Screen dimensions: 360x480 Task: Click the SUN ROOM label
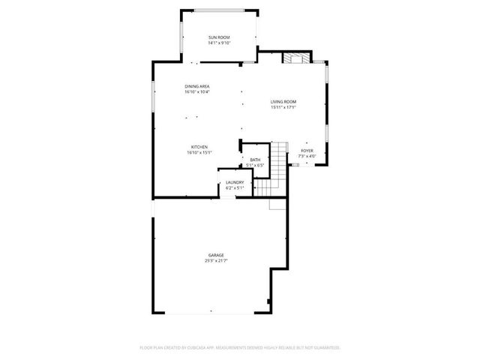coord(219,37)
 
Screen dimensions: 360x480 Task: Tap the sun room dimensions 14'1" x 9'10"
coord(219,43)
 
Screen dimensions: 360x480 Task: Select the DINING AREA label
coord(197,86)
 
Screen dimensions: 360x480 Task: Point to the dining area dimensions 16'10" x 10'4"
coord(197,92)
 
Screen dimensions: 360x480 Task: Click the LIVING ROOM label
coord(283,101)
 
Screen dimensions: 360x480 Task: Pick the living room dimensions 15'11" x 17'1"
coord(283,106)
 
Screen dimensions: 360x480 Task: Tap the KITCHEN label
coord(199,147)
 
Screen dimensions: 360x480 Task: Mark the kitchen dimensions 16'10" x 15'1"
coord(199,152)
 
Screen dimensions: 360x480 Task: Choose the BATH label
coord(255,160)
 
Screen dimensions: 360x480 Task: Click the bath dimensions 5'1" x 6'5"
coord(255,165)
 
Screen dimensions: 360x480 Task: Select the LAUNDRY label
coord(235,182)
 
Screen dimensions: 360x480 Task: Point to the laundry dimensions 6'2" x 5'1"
coord(235,187)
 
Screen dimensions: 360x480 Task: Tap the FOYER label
coord(307,150)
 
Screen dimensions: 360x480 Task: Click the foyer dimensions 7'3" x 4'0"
coord(307,155)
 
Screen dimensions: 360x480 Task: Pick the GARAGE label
coord(216,255)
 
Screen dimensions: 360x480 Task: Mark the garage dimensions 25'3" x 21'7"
coord(216,260)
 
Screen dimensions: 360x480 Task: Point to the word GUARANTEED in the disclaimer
coord(323,348)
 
